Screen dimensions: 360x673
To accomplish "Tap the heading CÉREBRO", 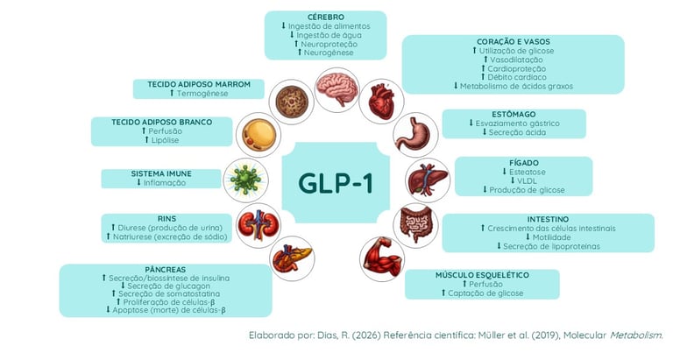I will tap(325, 17).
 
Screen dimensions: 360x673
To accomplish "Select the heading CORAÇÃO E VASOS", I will tap(513, 40).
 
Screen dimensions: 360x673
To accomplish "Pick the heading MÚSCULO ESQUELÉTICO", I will tap(482, 274).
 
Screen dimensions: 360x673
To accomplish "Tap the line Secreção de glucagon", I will tap(167, 286).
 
